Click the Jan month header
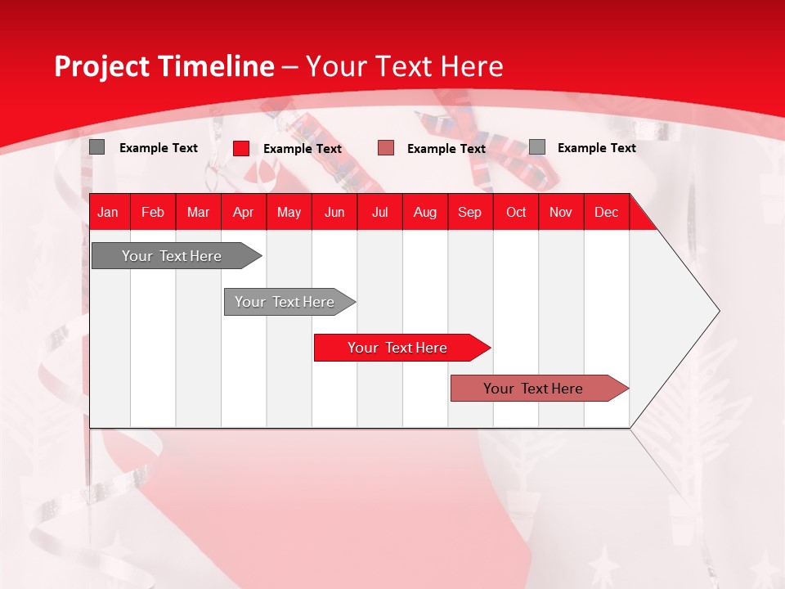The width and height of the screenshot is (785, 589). [x=108, y=212]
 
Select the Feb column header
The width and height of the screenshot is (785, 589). [x=153, y=212]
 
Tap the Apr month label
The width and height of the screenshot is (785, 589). [x=244, y=212]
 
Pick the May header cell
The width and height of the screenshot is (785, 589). [x=289, y=212]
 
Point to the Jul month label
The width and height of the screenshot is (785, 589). [x=379, y=212]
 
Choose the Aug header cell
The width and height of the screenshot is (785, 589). [x=425, y=212]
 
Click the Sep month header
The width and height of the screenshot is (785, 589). [x=469, y=212]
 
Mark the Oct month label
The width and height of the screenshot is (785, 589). [x=516, y=212]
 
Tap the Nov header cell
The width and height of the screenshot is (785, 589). [x=561, y=212]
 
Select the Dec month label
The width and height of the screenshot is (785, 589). [x=606, y=212]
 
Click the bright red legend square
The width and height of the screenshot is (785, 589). [x=241, y=148]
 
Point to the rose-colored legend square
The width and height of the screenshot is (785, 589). [x=386, y=148]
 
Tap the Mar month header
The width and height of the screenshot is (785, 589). [x=198, y=212]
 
